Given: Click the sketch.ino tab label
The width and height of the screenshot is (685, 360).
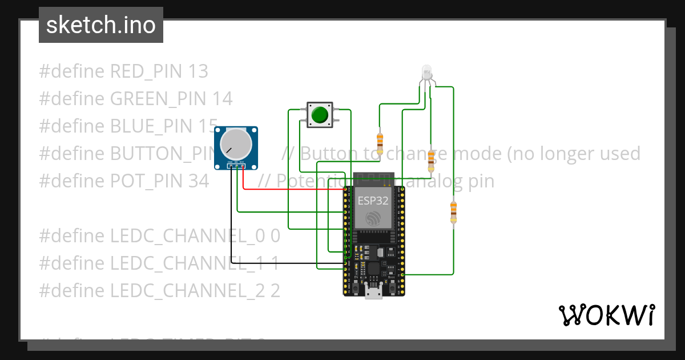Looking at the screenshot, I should [x=101, y=25].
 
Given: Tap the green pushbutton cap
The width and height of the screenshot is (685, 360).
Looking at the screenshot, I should [x=320, y=114].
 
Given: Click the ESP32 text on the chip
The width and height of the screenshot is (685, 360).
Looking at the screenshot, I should [x=373, y=201].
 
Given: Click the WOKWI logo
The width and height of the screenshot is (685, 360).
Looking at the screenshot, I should [x=606, y=315].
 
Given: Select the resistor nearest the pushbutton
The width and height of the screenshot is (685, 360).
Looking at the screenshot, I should [x=380, y=140].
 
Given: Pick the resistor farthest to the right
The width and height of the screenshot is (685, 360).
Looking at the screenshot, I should [x=454, y=212].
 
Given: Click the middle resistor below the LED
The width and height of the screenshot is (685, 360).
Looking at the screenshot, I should [x=431, y=161].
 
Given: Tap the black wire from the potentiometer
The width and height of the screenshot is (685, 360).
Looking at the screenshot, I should [x=231, y=229].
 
